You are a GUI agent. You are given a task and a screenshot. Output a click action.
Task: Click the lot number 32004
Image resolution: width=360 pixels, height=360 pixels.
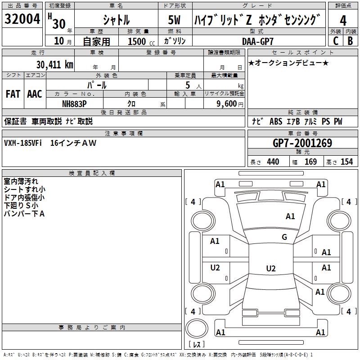(x=22, y=20)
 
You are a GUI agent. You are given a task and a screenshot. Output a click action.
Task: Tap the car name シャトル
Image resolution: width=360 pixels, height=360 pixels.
(x=116, y=20)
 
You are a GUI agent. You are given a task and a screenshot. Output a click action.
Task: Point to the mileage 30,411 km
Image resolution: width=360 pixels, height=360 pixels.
(x=54, y=65)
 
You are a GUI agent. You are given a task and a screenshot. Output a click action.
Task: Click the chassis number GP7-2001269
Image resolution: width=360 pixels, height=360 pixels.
(x=302, y=143)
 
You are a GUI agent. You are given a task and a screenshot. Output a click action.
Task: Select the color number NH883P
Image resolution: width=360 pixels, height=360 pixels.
(x=74, y=103)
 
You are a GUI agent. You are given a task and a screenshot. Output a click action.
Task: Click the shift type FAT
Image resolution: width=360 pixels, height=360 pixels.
(x=13, y=94)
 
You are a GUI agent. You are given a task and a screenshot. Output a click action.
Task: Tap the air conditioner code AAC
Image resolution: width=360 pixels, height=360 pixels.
(x=34, y=94)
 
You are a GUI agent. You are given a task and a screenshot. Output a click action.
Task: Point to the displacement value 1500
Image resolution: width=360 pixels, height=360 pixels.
(x=137, y=41)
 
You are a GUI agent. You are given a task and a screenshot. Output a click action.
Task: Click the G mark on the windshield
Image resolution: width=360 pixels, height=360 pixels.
(x=284, y=237)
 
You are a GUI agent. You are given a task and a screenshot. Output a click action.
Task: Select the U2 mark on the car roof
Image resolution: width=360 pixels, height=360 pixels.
(x=270, y=269)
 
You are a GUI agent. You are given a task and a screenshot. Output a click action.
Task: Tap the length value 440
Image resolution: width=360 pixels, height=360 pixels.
(x=273, y=162)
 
